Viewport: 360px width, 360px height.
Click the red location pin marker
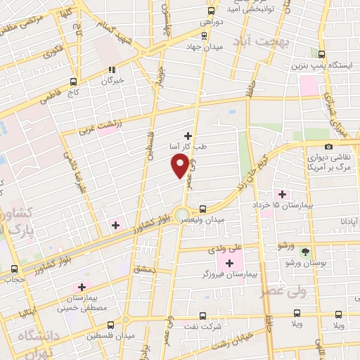[180, 165]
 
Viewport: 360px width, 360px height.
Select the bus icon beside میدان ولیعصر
[202, 209]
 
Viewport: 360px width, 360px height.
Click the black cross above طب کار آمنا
[188, 135]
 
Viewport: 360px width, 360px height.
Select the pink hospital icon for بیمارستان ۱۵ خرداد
[283, 194]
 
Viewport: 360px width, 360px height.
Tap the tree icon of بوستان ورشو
[304, 251]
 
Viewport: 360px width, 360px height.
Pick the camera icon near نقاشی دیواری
[328, 146]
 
